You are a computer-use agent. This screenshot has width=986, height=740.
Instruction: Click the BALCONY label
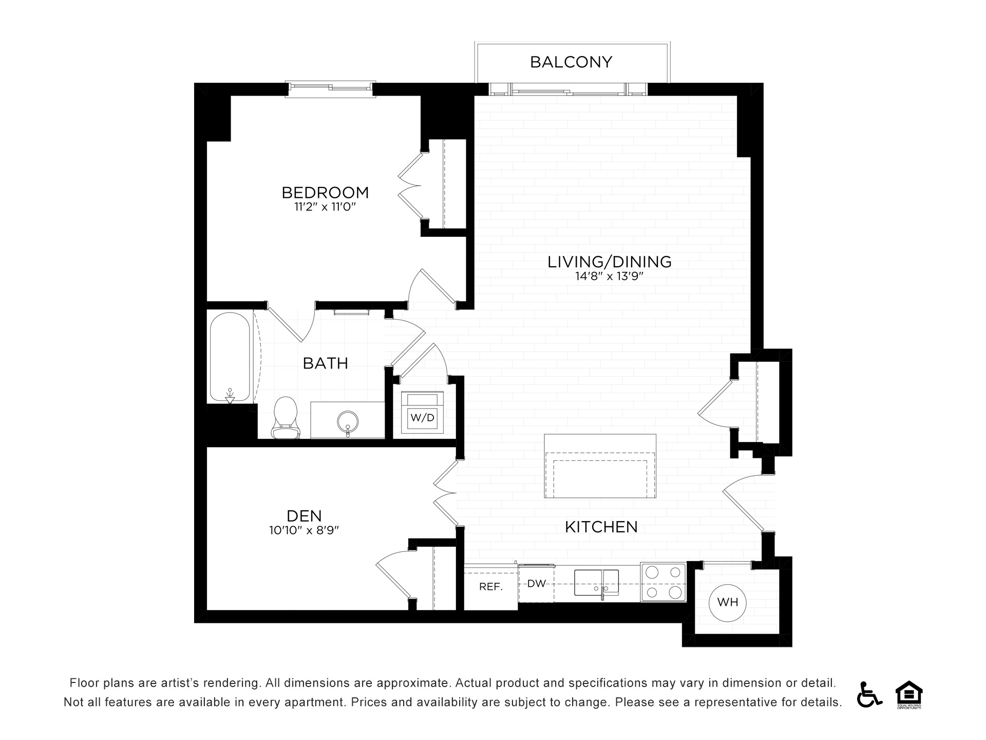point(571,62)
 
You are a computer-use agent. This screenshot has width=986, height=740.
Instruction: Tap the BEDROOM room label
point(325,193)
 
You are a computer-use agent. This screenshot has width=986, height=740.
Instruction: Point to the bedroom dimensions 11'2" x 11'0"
point(325,207)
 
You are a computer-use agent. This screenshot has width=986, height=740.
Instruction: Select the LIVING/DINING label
point(609,262)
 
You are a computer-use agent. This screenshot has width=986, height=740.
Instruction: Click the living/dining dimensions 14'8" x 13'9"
point(609,276)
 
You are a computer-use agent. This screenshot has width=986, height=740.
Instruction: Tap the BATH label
point(326,363)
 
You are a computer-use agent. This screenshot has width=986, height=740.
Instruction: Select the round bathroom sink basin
point(348,421)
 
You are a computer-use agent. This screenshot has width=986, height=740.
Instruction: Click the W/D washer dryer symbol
point(422,417)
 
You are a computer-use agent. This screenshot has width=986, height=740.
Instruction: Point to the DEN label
point(304,515)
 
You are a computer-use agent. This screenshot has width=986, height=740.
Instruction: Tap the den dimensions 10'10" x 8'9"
point(304,530)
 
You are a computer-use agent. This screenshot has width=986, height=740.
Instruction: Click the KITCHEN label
point(601,527)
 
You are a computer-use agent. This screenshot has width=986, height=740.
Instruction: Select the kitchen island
point(600,466)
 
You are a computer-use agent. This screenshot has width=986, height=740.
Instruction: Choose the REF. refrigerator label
point(490,587)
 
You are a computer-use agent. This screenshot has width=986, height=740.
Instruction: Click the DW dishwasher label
point(536,584)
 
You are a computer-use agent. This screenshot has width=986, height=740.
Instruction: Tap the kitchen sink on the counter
point(596,582)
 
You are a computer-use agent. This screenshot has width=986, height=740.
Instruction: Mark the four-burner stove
point(663,583)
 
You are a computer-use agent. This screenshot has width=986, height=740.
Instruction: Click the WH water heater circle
point(727,602)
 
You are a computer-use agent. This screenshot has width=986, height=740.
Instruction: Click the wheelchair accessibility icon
point(868,694)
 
